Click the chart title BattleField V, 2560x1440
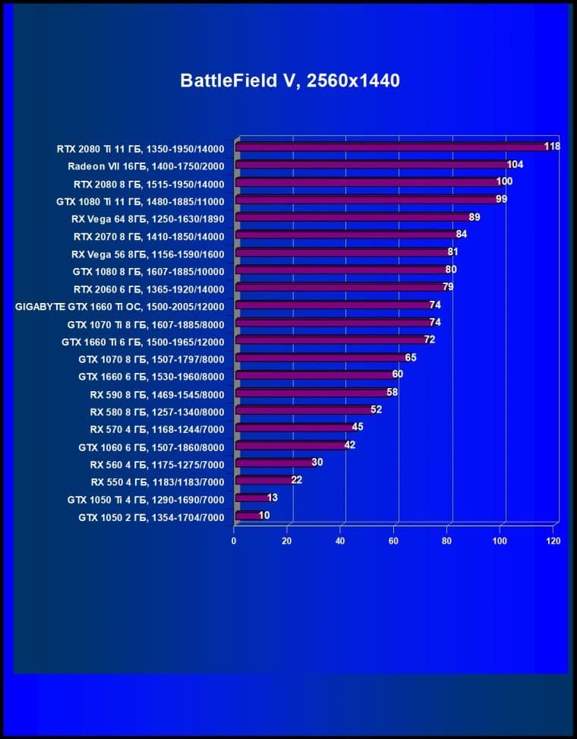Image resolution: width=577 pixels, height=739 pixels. click(x=289, y=81)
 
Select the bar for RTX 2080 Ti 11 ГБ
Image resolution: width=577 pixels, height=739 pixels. click(x=391, y=147)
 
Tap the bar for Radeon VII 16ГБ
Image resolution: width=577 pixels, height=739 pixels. click(x=372, y=164)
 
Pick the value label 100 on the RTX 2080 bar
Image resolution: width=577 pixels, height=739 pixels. click(x=504, y=182)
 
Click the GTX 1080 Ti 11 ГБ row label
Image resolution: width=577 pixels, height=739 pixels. click(x=140, y=201)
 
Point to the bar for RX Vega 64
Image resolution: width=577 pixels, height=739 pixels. click(x=352, y=217)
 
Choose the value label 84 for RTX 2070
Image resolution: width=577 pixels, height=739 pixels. click(x=461, y=234)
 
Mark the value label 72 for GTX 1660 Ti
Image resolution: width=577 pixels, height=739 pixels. click(x=429, y=339)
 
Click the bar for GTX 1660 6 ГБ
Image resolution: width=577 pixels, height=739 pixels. click(x=314, y=374)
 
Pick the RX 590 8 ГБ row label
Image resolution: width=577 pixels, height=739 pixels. click(x=157, y=394)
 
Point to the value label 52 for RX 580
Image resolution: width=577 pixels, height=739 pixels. click(x=376, y=409)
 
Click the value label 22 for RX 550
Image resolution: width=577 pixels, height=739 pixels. click(x=296, y=480)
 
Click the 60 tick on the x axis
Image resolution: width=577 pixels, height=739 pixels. click(x=393, y=542)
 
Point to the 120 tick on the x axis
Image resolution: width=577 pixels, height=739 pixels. click(x=553, y=542)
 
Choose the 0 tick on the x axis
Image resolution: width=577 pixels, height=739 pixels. click(x=234, y=542)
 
